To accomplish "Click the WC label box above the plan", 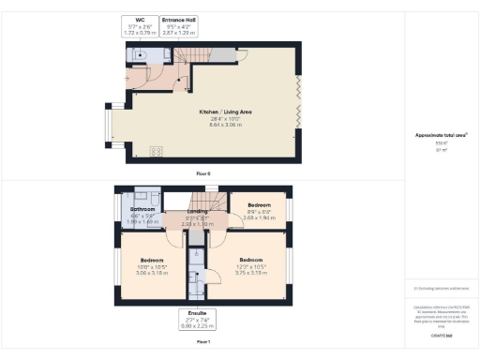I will [140, 25].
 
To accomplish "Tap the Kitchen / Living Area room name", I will [225, 111].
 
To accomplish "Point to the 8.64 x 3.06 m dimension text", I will [225, 123].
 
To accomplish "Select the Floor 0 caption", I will [203, 174].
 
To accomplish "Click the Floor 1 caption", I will [203, 342].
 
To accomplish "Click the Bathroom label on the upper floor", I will [142, 209].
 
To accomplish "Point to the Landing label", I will [198, 212].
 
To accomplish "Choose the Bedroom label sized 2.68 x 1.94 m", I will [258, 204].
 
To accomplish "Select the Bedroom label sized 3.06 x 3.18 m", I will [152, 260].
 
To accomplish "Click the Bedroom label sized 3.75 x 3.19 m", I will [250, 260].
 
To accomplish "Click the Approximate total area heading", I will [441, 135].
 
